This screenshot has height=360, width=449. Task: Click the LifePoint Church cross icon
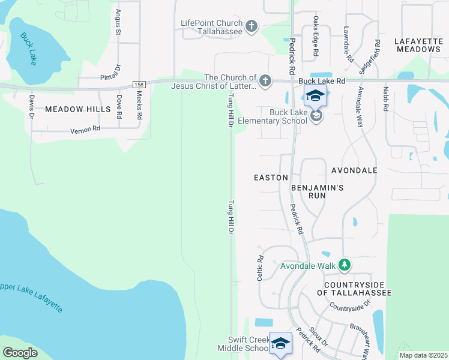point(252,26)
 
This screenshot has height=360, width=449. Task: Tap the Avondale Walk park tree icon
point(345,265)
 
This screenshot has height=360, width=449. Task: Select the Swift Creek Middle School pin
point(280,343)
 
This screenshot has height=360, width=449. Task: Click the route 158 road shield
point(139,85)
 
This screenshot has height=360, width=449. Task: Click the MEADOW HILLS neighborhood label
point(77,109)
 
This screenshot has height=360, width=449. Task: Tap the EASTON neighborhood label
point(271,178)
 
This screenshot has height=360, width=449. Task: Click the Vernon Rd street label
point(83,130)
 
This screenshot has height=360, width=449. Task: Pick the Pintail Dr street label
point(111,76)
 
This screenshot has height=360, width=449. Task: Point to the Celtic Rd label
point(261,269)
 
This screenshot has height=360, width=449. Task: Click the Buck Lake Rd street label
point(322,80)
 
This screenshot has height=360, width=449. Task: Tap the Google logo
point(20,353)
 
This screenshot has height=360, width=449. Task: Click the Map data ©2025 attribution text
point(423,355)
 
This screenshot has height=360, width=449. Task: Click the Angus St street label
point(118,22)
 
